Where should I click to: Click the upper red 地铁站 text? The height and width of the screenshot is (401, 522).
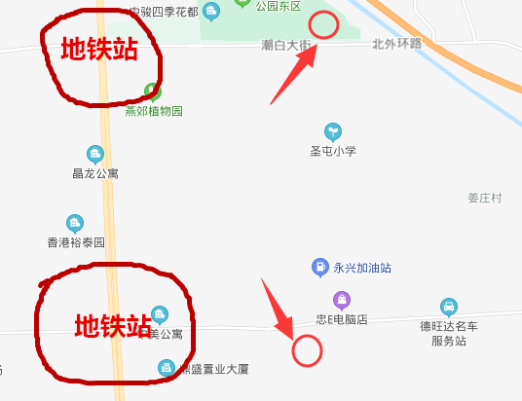pos(98,49)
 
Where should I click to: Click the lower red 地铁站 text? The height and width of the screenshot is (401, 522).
pos(113,324)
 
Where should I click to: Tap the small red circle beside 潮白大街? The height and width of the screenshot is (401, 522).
pos(323,25)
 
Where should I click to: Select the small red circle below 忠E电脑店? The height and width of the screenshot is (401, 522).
pos(308,350)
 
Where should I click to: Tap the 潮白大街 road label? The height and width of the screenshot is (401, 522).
pos(286,46)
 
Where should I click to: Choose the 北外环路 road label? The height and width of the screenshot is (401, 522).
pos(397,44)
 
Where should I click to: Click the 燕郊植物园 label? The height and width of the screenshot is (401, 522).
pos(154,111)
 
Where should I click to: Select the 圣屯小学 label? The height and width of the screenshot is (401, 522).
pos(333,151)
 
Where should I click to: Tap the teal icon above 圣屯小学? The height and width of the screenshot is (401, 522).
pos(333,130)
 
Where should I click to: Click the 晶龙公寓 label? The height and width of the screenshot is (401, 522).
pos(95,173)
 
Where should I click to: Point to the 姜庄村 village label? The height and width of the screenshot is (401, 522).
pos(484,198)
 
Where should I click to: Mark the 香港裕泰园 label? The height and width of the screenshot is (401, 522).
pos(75,242)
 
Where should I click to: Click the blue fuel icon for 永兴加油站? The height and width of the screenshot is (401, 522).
pos(318,267)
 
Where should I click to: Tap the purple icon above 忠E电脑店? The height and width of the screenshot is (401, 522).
pos(340,299)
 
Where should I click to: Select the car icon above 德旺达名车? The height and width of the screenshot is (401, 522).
pos(448,306)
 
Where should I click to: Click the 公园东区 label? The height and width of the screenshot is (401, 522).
pos(279,6)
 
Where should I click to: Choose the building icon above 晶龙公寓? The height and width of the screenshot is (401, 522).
pos(95,154)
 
